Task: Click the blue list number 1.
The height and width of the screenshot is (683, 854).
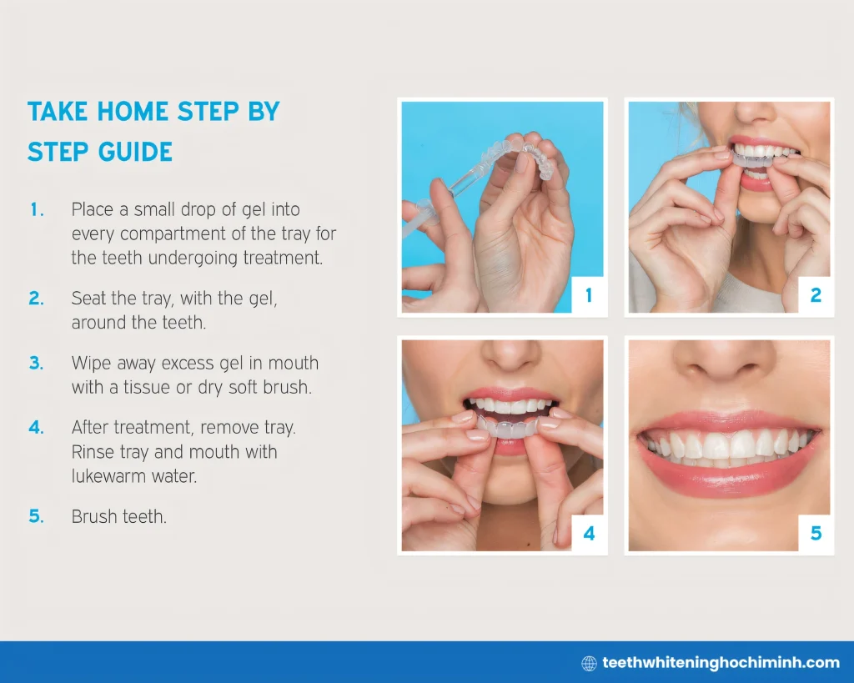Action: pos(36,210)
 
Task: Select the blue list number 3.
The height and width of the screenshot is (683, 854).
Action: pos(36,364)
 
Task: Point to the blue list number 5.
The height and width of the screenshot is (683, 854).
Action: pos(36,517)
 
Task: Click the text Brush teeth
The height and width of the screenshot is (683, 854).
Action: pos(119,517)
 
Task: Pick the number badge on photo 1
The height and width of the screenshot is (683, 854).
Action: pos(589,295)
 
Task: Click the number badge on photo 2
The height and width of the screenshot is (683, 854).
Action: pos(816,295)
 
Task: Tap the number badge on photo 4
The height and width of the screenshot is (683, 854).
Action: pos(589,533)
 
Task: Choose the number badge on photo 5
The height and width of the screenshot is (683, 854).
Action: pos(816,533)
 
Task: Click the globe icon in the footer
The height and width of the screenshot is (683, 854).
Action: pos(589,663)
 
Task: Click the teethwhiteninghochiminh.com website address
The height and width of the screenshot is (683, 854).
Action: pos(721,663)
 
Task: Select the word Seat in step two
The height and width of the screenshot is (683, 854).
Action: pos(88,299)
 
